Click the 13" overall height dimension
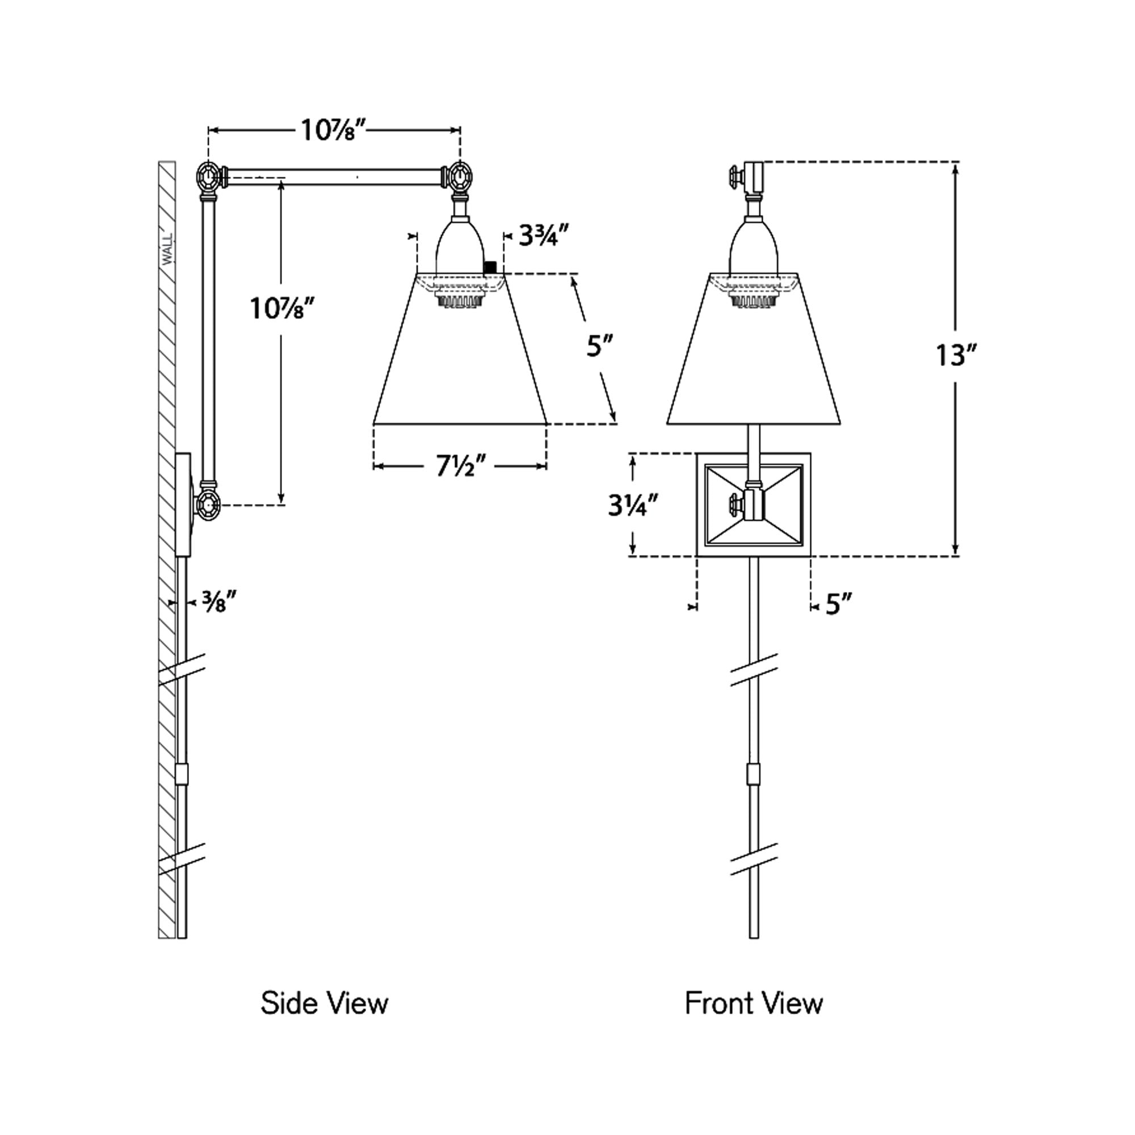coord(955,355)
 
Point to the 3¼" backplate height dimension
coord(633,505)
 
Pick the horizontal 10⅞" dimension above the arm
coord(334,131)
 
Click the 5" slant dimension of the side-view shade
coord(600,346)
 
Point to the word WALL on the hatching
coord(168,249)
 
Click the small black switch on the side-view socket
coord(489,267)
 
